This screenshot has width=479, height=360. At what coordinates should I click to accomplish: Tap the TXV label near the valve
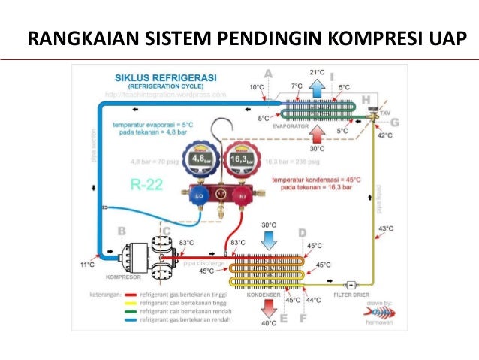pyautogui.click(x=386, y=113)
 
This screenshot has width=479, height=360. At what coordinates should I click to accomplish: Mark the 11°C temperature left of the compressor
pyautogui.click(x=87, y=265)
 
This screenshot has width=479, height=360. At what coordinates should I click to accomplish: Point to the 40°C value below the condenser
pyautogui.click(x=269, y=324)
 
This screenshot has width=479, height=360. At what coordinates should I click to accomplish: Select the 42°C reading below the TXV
pyautogui.click(x=384, y=135)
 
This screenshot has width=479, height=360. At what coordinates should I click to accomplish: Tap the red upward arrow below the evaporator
pyautogui.click(x=317, y=135)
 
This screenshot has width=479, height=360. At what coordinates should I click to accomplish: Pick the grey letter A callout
pyautogui.click(x=269, y=73)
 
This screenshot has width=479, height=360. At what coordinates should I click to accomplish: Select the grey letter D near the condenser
pyautogui.click(x=303, y=233)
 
